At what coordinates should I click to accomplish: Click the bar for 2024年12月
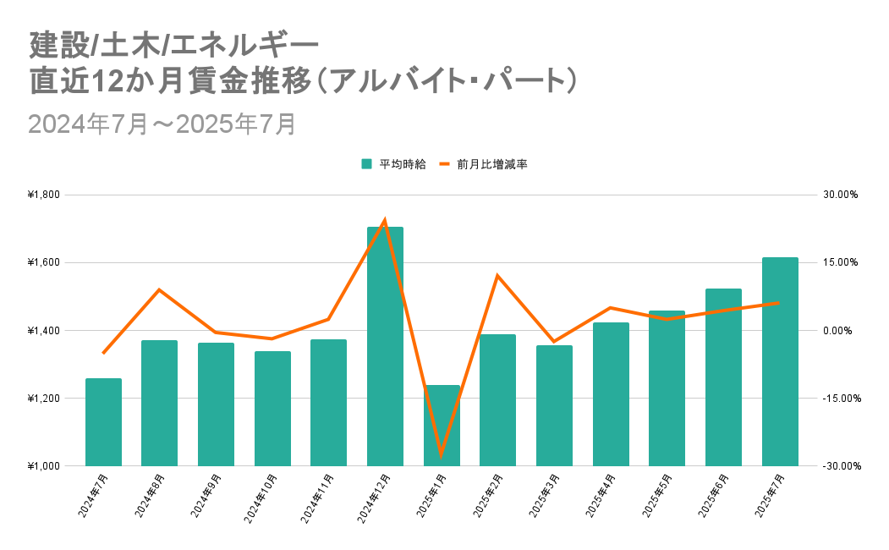[385, 347]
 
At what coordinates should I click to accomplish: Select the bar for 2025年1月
[442, 426]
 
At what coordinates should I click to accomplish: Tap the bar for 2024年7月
[103, 422]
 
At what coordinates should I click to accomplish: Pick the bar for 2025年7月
[780, 362]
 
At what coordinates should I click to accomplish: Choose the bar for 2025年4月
[611, 394]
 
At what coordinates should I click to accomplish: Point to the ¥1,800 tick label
[44, 195]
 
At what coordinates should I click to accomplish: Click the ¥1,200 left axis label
[44, 398]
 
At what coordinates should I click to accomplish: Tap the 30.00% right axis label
[840, 195]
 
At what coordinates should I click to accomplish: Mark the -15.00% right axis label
[838, 398]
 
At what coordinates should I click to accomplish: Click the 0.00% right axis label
[842, 330]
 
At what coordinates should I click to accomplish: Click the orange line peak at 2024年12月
[385, 221]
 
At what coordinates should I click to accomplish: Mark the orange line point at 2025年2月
[498, 276]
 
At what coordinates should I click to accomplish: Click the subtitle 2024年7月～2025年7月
[162, 124]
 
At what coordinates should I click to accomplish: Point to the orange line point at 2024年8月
[160, 289]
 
